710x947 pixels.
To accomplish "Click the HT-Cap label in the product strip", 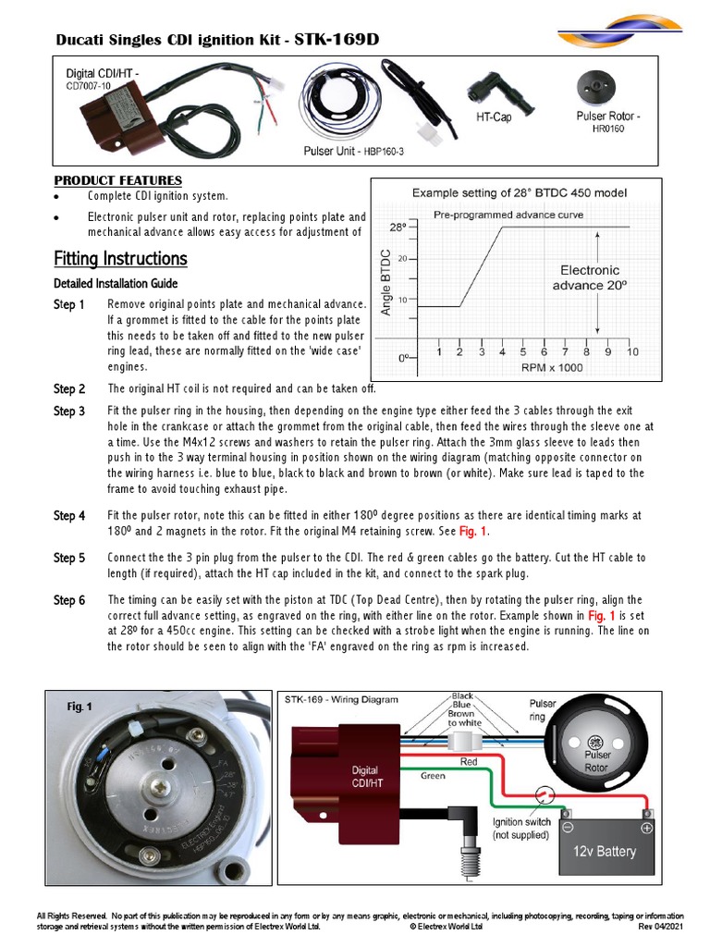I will [494, 117].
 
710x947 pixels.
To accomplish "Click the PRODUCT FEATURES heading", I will [118, 180].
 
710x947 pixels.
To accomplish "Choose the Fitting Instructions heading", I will [120, 258].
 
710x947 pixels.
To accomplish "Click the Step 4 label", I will [69, 515].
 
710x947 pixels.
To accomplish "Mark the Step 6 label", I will [69, 600].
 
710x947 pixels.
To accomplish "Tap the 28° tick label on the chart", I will [397, 226].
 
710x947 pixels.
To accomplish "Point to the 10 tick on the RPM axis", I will [632, 352].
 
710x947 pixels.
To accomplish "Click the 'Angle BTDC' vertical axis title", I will [386, 282].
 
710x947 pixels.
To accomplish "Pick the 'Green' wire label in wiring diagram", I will [434, 775].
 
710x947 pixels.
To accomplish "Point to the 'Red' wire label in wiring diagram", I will [469, 761].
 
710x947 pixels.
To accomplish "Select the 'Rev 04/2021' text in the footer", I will [660, 926].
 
